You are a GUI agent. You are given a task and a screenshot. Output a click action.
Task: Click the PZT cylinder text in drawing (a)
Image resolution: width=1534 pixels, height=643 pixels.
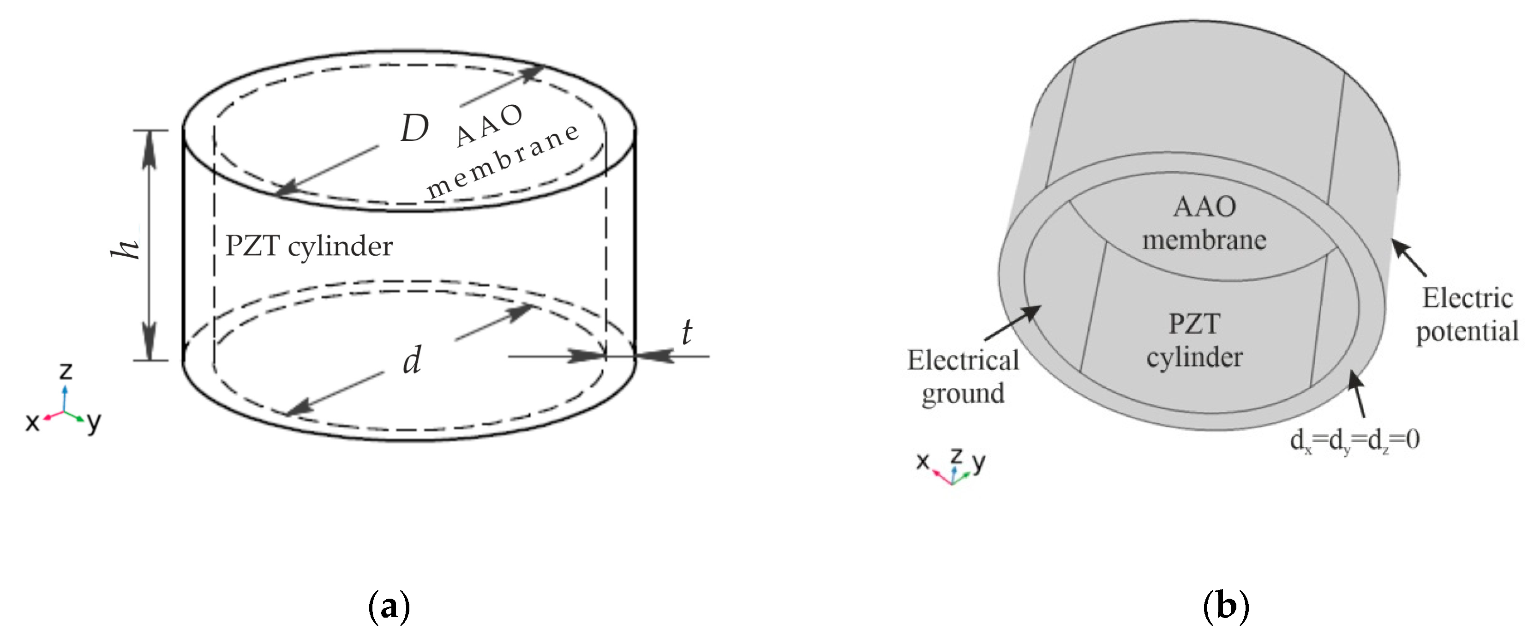[x=308, y=246]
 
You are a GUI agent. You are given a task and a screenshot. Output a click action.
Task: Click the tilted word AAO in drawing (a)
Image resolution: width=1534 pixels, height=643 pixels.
[x=490, y=125]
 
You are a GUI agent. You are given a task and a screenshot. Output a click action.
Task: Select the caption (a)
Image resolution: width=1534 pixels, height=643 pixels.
[x=389, y=607]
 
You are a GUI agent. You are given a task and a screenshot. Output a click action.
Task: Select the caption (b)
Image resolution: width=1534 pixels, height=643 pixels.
[x=1226, y=607]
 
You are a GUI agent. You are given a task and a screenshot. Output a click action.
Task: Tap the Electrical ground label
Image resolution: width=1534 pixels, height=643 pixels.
[x=963, y=377]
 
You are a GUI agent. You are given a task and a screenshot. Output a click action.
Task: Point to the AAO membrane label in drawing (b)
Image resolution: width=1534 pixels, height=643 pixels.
[x=1204, y=224]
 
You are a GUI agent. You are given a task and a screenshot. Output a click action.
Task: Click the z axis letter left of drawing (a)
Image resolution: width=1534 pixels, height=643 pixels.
[x=66, y=372]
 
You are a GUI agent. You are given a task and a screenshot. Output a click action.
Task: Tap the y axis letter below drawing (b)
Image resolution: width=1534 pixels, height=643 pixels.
[x=978, y=462]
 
